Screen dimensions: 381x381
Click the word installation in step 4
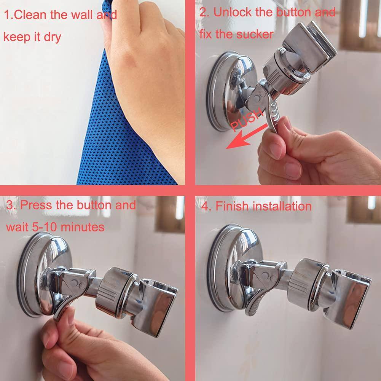[x=282, y=206]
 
